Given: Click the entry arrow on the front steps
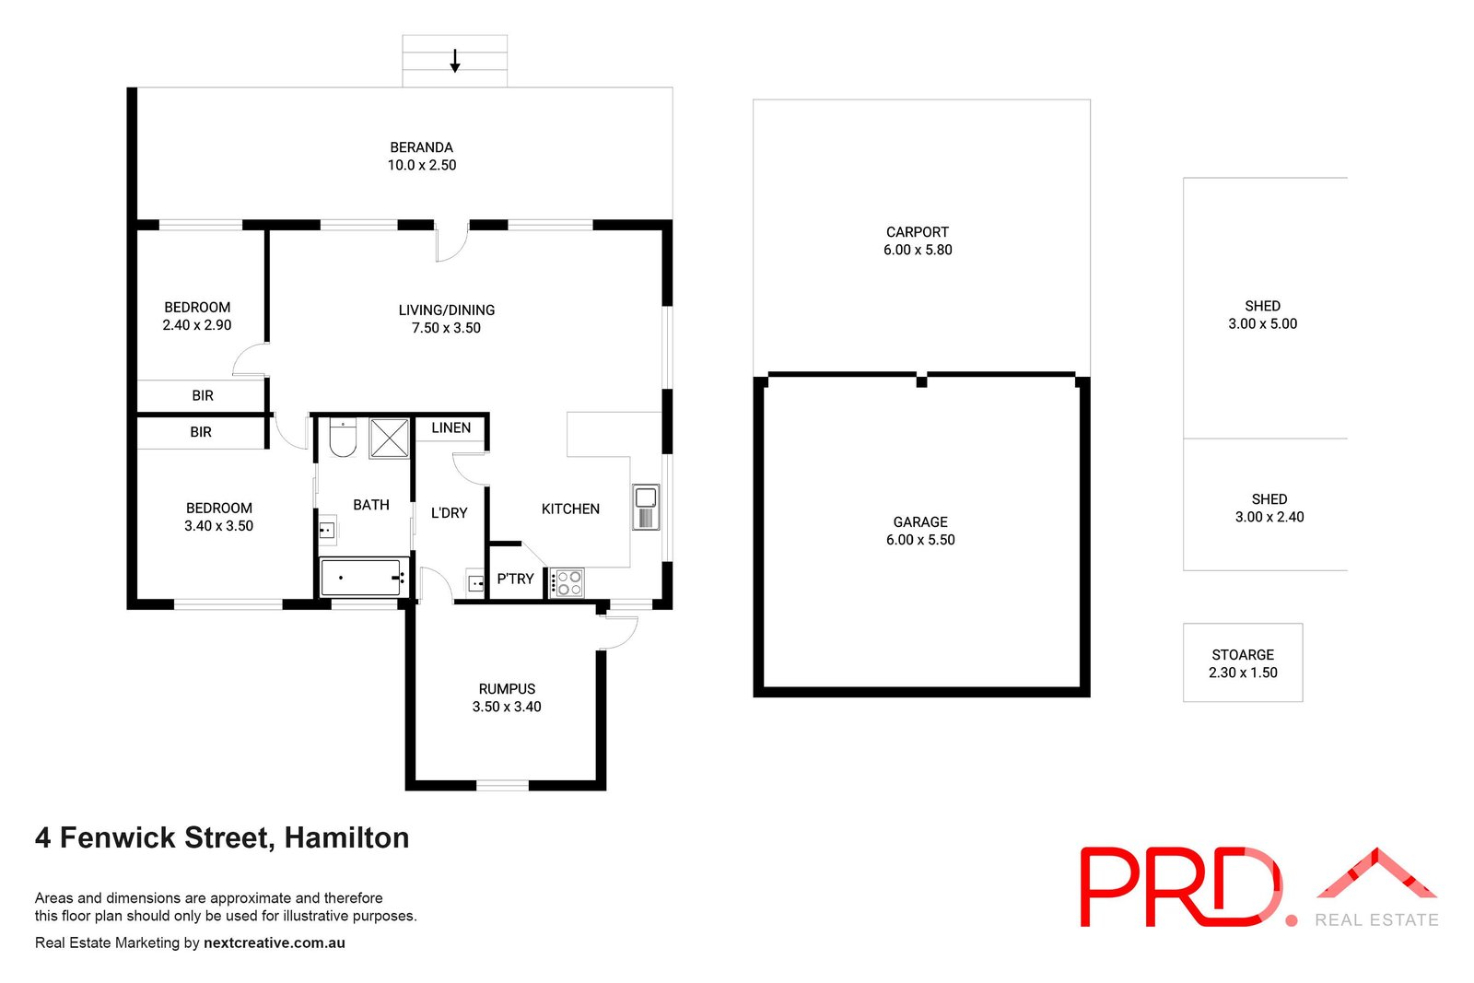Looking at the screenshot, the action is tap(455, 61).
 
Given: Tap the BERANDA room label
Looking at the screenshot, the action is tap(421, 147).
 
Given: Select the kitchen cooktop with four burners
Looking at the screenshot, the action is tap(567, 583).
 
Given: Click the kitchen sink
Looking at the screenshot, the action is tap(646, 507).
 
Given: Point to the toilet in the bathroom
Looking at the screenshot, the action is tap(342, 437).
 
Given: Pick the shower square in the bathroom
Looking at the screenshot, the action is tap(389, 438).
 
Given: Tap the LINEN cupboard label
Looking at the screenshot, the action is tap(450, 427).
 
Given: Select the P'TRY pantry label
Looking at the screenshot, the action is tap(515, 579).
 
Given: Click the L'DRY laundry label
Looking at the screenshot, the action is tap(450, 512).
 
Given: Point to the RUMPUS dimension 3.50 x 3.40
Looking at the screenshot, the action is tap(507, 707).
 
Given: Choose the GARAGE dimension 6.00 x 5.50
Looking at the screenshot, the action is tap(920, 540).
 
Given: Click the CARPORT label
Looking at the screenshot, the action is tap(918, 232).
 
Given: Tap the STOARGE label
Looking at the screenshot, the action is tap(1243, 655).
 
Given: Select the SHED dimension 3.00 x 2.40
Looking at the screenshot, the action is tap(1269, 517).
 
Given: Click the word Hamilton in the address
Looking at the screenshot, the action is tap(346, 837).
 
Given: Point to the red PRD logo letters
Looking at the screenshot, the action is tap(1181, 887).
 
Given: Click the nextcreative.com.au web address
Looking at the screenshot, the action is tap(274, 942).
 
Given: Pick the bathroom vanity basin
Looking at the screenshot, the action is tap(327, 531).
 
